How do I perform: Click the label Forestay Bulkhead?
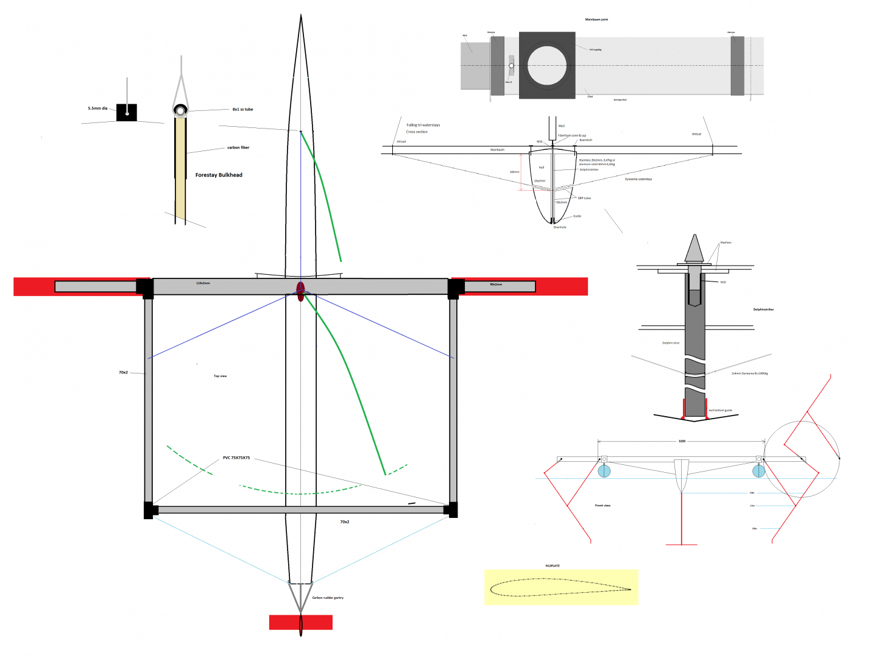(219, 175)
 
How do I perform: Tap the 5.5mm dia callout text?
(97, 108)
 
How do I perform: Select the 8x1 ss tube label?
(242, 110)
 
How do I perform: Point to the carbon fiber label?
(238, 147)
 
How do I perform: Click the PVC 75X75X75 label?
(236, 458)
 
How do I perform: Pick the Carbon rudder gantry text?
(328, 598)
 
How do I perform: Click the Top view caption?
(220, 376)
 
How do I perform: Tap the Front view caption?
(603, 506)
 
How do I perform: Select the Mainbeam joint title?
(596, 19)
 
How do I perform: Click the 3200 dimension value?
(682, 441)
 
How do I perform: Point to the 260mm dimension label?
(514, 172)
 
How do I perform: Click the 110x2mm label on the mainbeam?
(203, 283)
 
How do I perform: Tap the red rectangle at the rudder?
(301, 622)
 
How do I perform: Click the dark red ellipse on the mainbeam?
(300, 291)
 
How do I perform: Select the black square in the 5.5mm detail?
(127, 113)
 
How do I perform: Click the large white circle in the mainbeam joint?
(546, 65)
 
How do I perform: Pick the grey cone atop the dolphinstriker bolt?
(694, 249)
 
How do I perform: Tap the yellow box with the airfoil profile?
(561, 587)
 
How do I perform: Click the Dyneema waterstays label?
(638, 179)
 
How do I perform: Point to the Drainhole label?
(559, 227)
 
